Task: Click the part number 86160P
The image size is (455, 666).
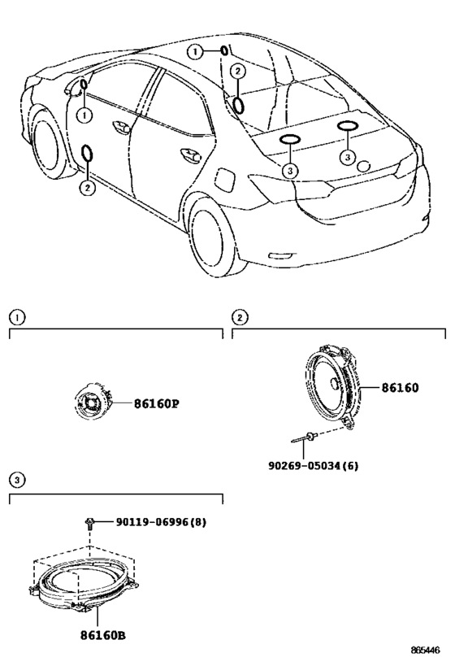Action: coord(156,403)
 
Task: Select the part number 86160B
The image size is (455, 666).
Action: coord(102,635)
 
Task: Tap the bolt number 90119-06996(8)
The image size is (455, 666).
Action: coord(162,521)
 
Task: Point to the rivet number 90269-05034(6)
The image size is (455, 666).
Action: coord(314,465)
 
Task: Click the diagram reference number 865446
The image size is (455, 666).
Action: coord(425,650)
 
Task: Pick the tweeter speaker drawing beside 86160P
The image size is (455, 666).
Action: coord(93,402)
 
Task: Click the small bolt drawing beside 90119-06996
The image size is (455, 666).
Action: coord(89,522)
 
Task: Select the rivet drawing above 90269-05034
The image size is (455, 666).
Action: coord(305,437)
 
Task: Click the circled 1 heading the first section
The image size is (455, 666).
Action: coord(17,317)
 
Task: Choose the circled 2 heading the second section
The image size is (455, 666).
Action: coord(240,317)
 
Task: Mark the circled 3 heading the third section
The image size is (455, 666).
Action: coord(17,480)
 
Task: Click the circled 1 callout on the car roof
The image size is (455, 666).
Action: coord(195,52)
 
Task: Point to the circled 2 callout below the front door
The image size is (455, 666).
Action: coord(87,187)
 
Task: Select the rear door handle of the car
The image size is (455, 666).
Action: coord(190,155)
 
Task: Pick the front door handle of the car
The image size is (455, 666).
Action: coord(121,127)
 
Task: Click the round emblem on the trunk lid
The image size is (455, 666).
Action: coord(364,166)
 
